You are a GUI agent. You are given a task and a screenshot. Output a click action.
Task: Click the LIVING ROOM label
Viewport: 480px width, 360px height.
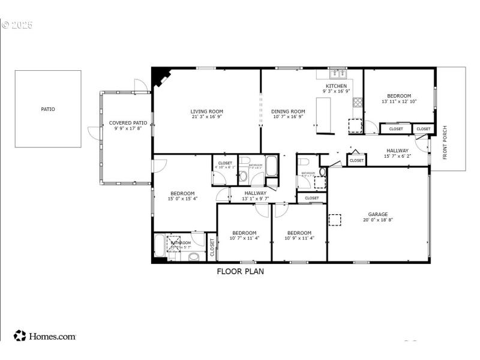[x=207, y=111]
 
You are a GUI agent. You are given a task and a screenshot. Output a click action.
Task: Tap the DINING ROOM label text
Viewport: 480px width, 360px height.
[x=289, y=111]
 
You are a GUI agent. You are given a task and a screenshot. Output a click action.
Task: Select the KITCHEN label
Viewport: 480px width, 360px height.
[x=336, y=86]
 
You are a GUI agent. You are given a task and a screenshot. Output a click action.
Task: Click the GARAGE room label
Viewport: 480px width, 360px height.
[x=378, y=214]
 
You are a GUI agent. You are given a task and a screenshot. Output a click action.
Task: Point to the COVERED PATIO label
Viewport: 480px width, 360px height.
[x=128, y=122]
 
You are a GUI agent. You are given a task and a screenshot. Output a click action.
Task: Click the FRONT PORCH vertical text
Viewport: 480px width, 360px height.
[x=445, y=143]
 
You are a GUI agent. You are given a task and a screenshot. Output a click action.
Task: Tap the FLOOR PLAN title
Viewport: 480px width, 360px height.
[x=240, y=271]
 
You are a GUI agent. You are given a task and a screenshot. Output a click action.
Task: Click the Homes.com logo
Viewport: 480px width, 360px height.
[x=45, y=336]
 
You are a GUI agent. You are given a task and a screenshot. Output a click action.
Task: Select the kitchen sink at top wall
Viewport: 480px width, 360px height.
[x=338, y=74]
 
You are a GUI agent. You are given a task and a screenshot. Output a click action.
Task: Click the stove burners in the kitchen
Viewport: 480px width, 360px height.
[x=358, y=102]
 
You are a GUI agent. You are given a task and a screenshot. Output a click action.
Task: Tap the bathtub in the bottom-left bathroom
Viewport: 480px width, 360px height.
[x=160, y=246]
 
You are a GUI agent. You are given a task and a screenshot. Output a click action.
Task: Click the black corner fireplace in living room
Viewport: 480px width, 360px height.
[x=160, y=78]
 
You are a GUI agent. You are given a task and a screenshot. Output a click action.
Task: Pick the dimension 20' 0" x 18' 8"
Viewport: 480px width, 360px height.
[x=378, y=220]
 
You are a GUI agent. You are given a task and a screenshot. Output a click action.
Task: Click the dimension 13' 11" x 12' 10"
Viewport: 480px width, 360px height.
[x=399, y=101]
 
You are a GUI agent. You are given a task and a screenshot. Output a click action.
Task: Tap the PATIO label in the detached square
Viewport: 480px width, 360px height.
[x=47, y=109]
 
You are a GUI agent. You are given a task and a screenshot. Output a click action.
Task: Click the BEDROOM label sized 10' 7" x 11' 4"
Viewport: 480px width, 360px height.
[x=244, y=233]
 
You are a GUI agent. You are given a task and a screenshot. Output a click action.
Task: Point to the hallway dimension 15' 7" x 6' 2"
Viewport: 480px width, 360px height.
[x=397, y=157]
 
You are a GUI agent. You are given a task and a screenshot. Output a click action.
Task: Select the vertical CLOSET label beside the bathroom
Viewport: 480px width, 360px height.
[x=212, y=248]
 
